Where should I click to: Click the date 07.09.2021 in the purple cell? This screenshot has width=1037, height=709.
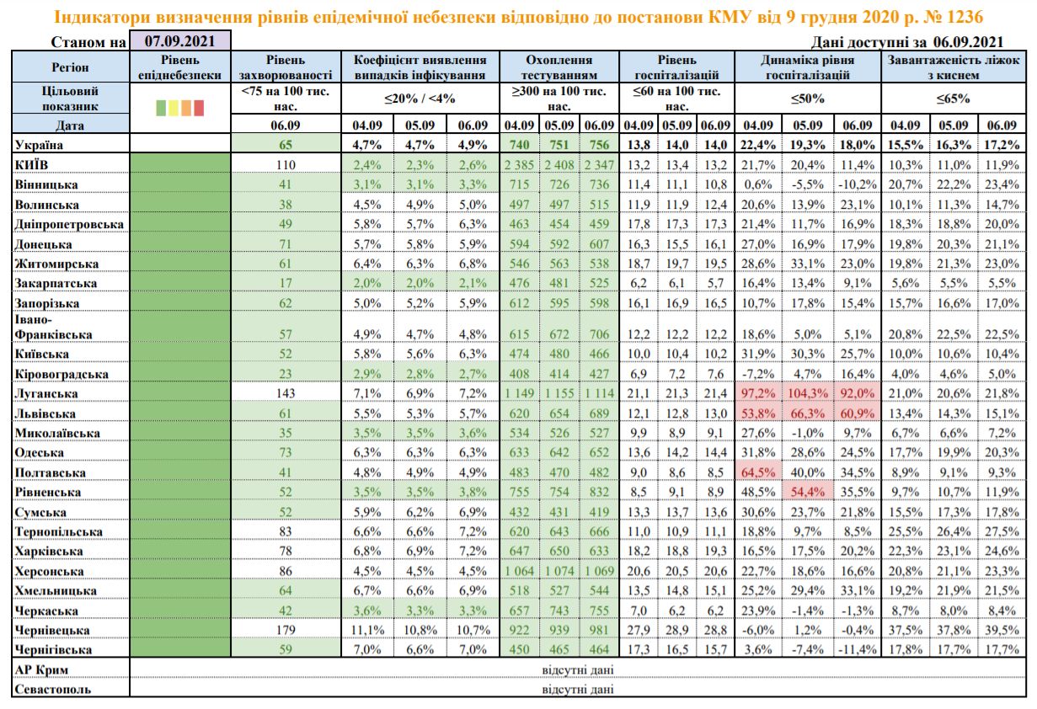[179, 40]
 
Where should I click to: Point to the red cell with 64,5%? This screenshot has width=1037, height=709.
[759, 473]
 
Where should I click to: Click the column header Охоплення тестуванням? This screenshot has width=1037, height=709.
[559, 67]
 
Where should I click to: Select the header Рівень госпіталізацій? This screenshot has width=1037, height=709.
[677, 67]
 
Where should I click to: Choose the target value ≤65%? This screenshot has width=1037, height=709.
[955, 99]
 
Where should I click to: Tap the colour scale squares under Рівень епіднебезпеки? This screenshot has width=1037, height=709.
[180, 107]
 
